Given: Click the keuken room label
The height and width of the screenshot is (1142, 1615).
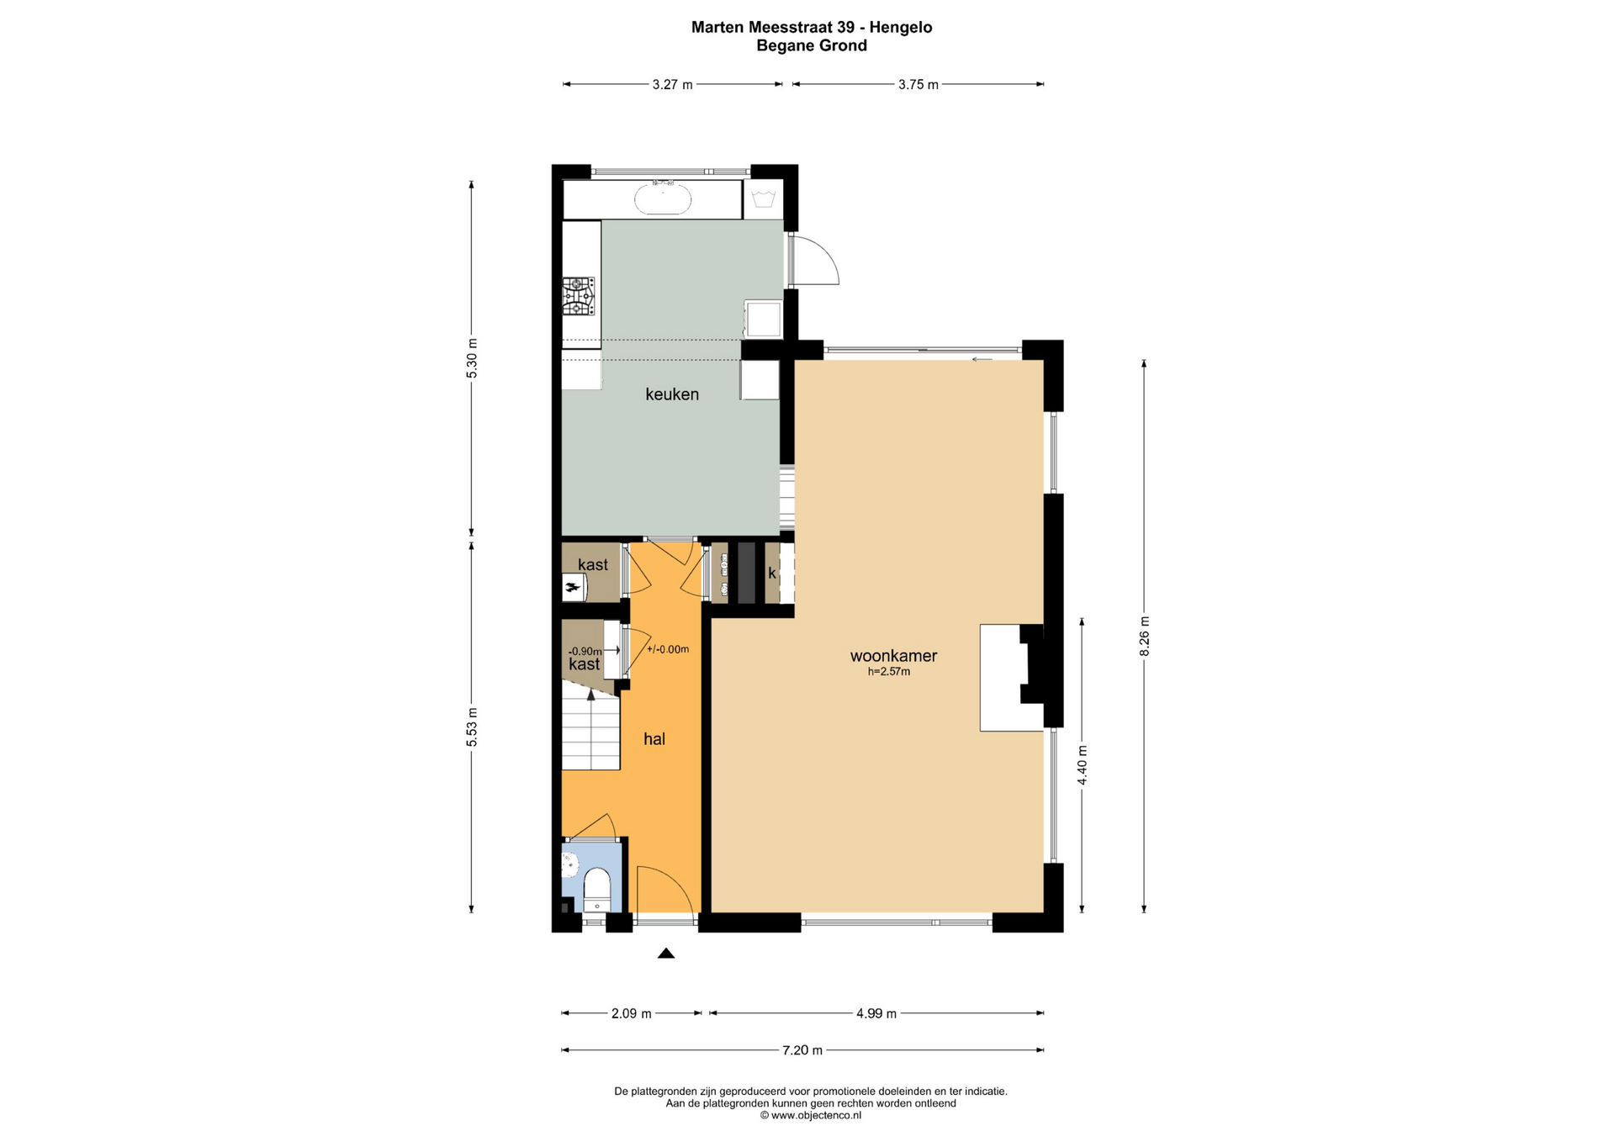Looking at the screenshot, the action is tap(671, 394).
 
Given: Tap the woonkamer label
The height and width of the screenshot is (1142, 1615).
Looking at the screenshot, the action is tap(893, 655).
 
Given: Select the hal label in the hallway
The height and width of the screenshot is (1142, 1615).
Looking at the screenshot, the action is tap(654, 738).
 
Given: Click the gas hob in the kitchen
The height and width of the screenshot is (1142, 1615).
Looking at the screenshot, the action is tap(579, 296).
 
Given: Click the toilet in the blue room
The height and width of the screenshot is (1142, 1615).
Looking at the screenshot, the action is tap(597, 890).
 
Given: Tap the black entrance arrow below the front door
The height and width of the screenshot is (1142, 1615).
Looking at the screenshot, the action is tap(666, 953).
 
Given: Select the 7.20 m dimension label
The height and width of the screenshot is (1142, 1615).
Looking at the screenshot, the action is tap(802, 1049).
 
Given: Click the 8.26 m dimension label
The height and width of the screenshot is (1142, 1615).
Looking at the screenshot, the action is tap(1144, 637).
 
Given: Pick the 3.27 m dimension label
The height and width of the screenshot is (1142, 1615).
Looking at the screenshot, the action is tap(672, 84).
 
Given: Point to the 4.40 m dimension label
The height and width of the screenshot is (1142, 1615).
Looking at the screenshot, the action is tap(1083, 765).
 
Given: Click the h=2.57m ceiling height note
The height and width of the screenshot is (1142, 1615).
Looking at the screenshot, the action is tap(889, 672).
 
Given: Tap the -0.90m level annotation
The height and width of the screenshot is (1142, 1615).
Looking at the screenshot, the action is tap(585, 651).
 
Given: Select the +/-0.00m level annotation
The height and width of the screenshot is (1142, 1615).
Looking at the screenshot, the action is tap(668, 649).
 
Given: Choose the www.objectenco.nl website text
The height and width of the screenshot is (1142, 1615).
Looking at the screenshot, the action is tap(817, 1115).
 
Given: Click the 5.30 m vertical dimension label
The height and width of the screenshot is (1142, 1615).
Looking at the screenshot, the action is tap(472, 358).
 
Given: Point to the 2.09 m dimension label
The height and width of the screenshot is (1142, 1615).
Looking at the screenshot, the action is tap(631, 1013).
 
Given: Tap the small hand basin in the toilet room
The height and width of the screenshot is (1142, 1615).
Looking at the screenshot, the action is tap(570, 863).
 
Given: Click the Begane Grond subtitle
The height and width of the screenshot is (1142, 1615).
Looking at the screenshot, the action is tap(812, 45).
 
